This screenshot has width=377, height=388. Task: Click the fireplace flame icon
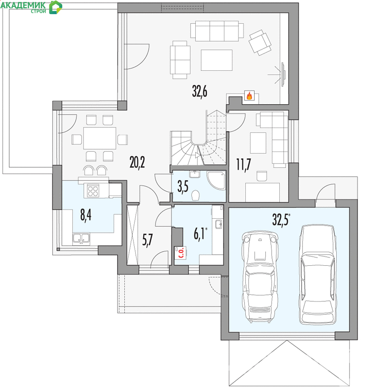point(249,96)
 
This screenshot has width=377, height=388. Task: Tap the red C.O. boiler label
point(181,252)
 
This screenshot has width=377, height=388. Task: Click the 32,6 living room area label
point(200,91)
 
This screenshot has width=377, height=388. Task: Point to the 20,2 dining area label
point(137,162)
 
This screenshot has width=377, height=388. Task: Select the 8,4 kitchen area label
point(86,214)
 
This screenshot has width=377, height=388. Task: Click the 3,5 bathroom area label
point(183,187)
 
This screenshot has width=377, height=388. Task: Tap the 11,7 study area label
point(244,164)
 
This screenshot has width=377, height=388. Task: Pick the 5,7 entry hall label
point(148,240)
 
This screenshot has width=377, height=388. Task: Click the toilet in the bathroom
point(196,195)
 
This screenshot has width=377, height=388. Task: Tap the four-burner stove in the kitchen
point(93,191)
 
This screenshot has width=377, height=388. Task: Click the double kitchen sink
point(81,238)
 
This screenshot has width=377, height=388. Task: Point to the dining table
point(100,138)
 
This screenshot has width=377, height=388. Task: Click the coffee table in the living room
point(217,60)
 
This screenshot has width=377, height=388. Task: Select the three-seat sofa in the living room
point(217,31)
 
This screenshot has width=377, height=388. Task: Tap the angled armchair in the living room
point(260,43)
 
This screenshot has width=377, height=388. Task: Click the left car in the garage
point(260,277)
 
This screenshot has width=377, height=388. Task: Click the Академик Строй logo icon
point(55,7)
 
